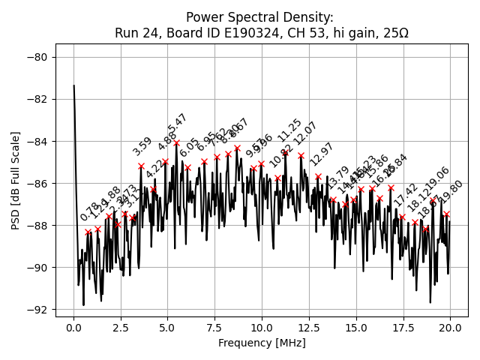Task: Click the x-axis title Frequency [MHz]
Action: tap(262, 343)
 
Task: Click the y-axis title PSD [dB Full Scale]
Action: tap(16, 180)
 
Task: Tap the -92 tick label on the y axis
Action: tap(38, 310)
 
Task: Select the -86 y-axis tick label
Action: tap(38, 183)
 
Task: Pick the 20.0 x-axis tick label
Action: tap(450, 328)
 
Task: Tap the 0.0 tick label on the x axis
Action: tap(73, 328)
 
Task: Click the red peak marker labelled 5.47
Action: tap(177, 142)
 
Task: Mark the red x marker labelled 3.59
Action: tap(141, 166)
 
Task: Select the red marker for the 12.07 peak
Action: tap(301, 156)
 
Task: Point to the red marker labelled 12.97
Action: tap(318, 177)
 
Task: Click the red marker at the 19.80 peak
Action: tap(446, 214)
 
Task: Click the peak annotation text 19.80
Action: tap(452, 193)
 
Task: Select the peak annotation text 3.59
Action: tap(142, 147)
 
